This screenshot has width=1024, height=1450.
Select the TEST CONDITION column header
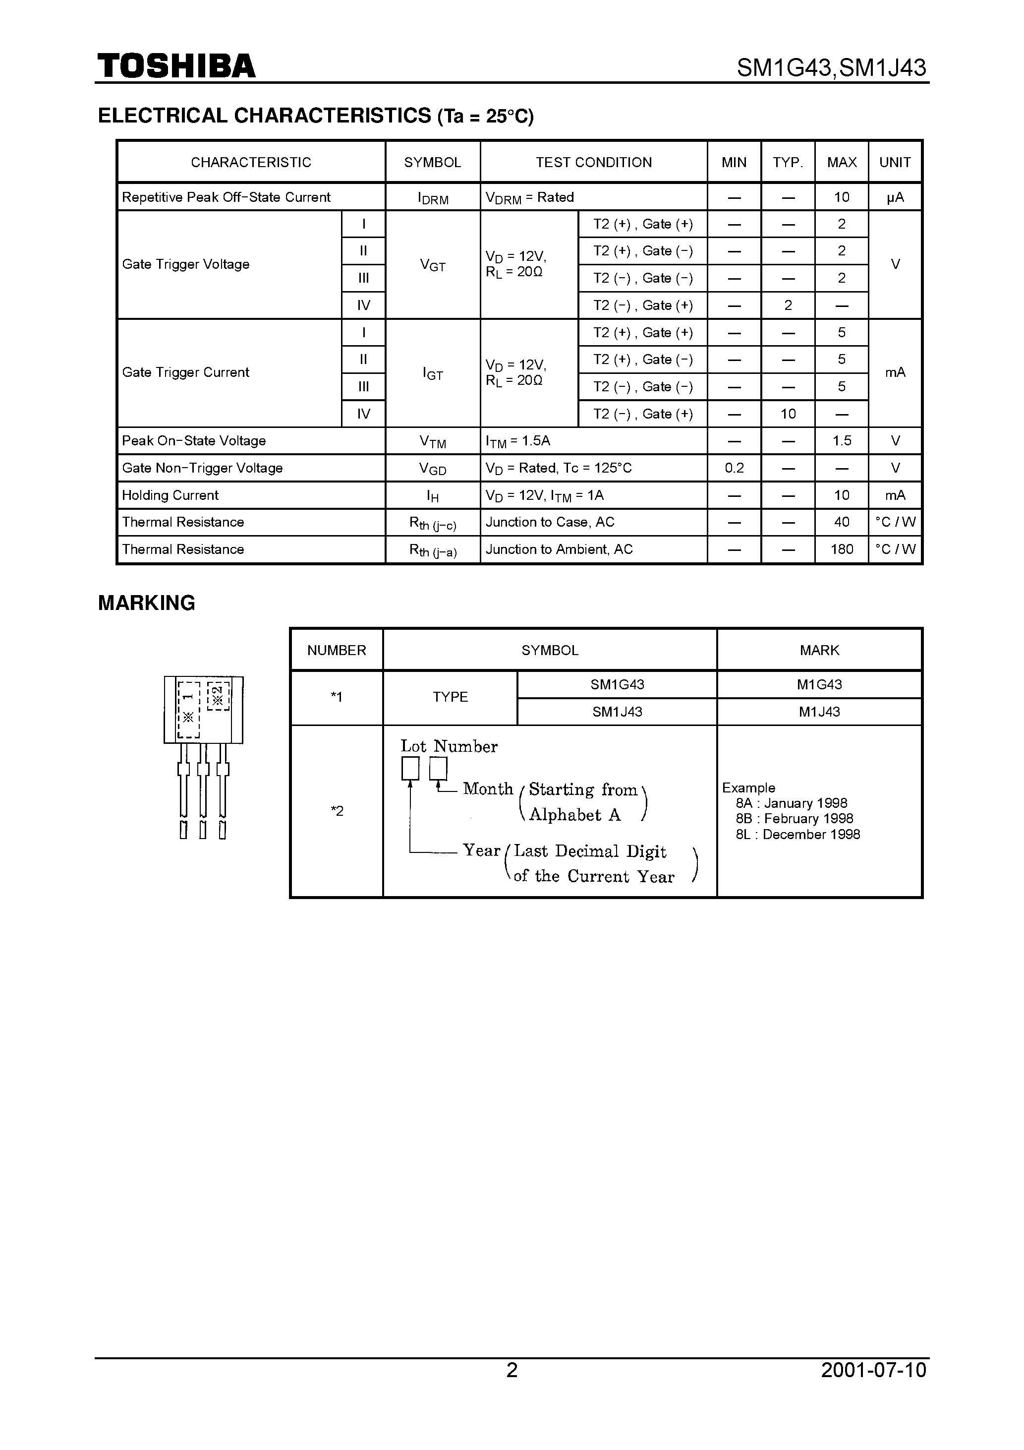[x=593, y=162]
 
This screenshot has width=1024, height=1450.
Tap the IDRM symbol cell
[x=433, y=198]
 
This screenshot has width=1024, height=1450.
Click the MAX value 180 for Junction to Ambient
[x=842, y=549]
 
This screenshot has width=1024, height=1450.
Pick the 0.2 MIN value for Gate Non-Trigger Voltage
[x=734, y=468]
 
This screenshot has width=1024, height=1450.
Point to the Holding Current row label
[x=171, y=495]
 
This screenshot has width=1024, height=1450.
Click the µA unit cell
[x=895, y=197]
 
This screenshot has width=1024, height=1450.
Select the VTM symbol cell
[x=433, y=441]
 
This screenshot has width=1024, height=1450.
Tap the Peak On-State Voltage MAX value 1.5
[x=842, y=441]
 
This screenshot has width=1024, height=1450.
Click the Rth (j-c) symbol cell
[x=433, y=523]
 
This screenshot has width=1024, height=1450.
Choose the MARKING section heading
[x=147, y=603]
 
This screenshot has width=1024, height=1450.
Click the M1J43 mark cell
[x=819, y=712]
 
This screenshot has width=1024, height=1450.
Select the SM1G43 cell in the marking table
[x=617, y=684]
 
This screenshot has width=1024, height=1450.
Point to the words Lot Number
[x=449, y=746]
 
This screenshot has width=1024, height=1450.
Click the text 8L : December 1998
[x=797, y=834]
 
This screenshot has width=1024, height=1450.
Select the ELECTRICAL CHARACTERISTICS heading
[x=316, y=116]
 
